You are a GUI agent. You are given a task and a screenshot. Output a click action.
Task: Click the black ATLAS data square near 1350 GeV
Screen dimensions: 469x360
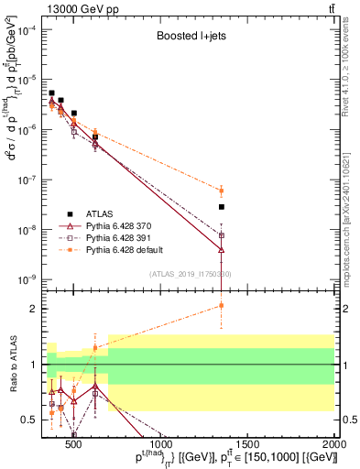(x=222, y=207)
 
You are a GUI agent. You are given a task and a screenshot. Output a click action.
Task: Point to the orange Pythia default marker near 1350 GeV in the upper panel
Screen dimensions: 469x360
(x=222, y=191)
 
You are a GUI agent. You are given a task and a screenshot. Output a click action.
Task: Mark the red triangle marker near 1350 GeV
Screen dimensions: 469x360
(x=222, y=248)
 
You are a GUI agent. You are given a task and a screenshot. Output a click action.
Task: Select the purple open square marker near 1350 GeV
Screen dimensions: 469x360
(x=222, y=235)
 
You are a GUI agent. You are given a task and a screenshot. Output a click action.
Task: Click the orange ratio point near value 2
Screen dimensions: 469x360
(x=222, y=306)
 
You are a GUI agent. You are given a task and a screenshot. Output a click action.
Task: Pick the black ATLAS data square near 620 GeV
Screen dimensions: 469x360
(x=95, y=136)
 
